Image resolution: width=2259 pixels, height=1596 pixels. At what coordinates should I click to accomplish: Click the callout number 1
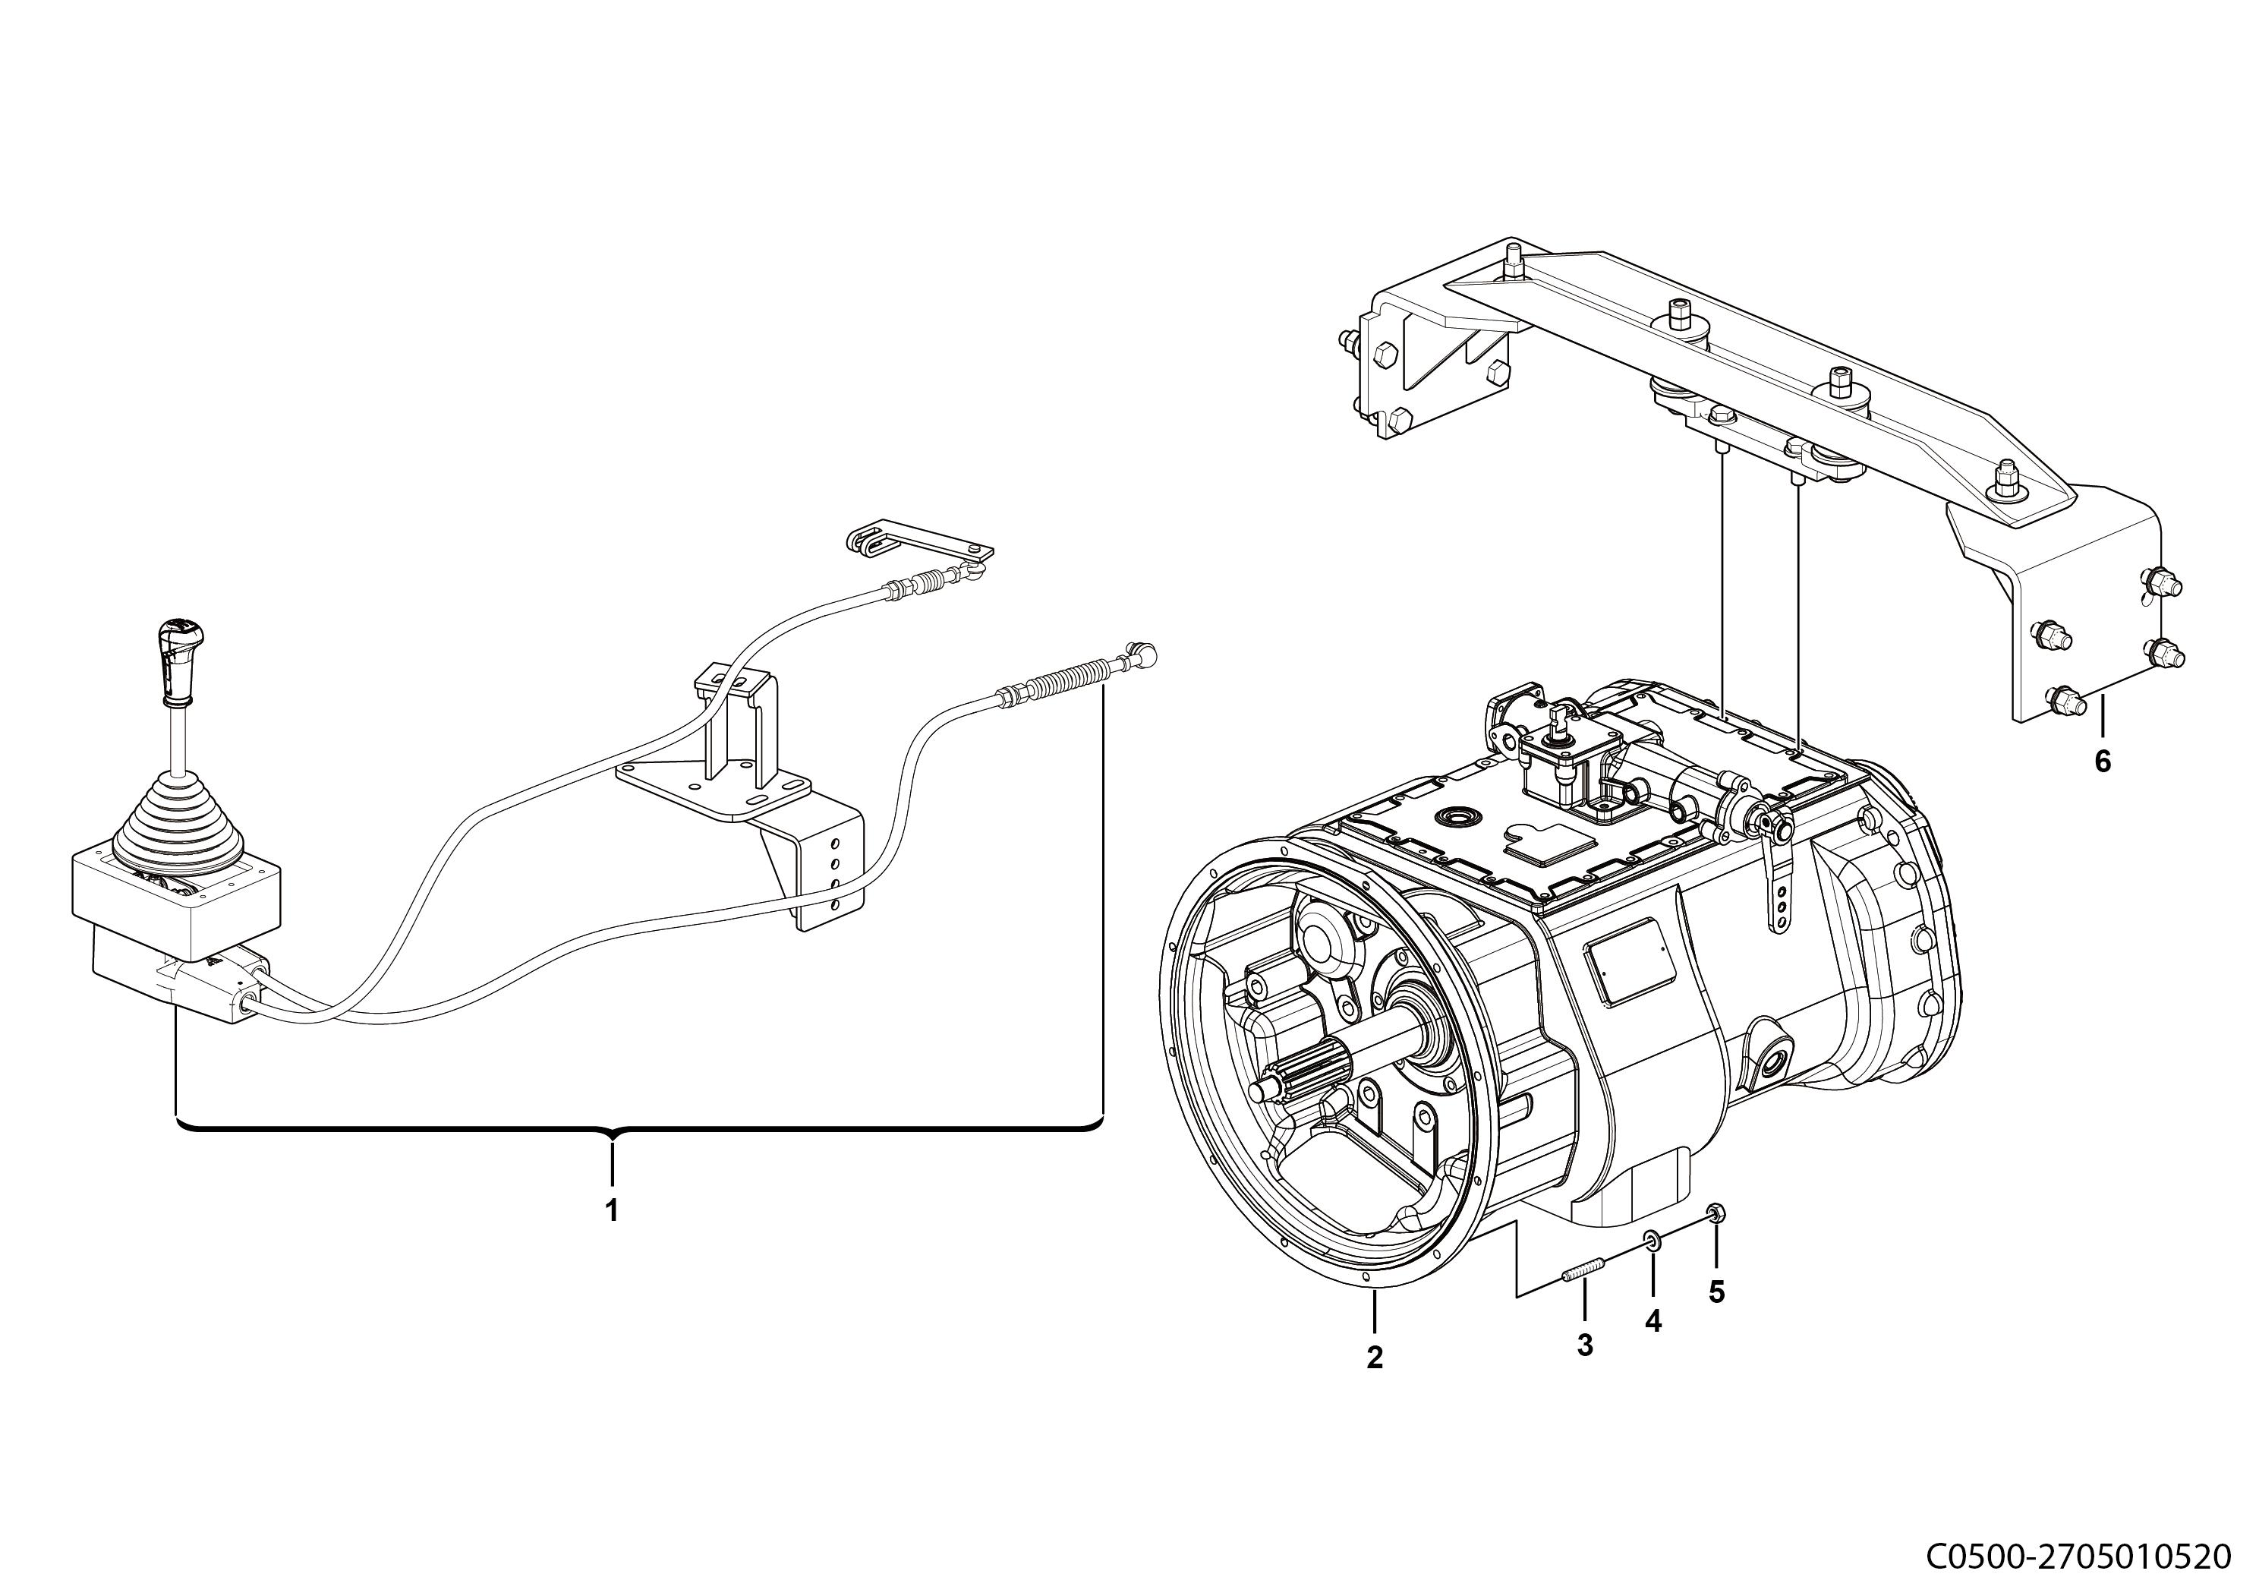[611, 1210]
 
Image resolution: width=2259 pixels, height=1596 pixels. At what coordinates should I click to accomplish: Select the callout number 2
[1375, 1357]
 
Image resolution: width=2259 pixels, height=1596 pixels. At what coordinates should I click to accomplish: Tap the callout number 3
[1585, 1345]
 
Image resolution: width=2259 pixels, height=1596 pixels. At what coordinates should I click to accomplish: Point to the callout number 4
[1653, 1321]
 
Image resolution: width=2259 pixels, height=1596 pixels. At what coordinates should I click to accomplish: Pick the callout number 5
[1717, 1292]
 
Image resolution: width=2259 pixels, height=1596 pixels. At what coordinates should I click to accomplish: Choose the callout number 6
[2103, 761]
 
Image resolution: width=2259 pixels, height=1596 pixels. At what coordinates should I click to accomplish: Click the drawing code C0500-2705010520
[2076, 1556]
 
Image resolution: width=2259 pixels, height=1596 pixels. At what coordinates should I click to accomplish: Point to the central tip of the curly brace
[612, 1140]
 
